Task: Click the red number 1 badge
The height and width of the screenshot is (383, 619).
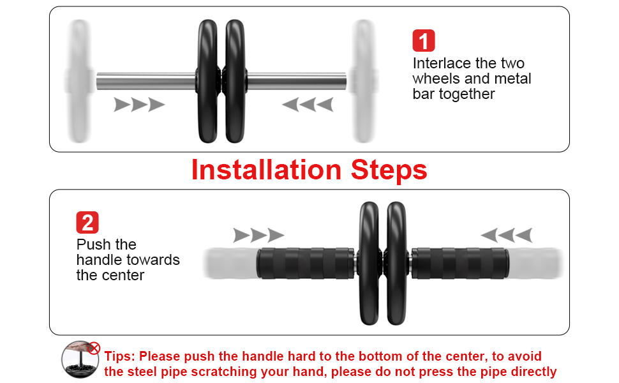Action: pos(424,41)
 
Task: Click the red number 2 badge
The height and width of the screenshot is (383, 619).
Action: pos(87,222)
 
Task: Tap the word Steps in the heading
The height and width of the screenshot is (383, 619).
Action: pos(389,170)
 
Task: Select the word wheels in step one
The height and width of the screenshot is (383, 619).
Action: pos(433,79)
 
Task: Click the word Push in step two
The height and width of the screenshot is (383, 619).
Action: pos(90,244)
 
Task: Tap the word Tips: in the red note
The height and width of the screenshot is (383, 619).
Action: pos(119,356)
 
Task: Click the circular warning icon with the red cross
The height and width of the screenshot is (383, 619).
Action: pos(81,359)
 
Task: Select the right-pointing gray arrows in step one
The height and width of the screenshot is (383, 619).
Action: pos(139,105)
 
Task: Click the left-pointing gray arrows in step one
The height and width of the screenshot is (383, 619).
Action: pos(308,105)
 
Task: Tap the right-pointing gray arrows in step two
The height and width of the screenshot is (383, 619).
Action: pos(258,235)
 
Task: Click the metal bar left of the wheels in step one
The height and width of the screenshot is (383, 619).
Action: pos(145,81)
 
